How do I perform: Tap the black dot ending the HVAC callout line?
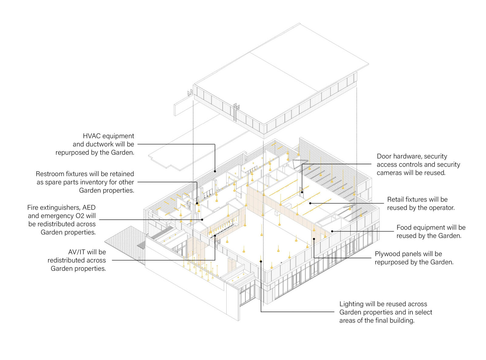tap(215, 171)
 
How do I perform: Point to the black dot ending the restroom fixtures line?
tap(197, 203)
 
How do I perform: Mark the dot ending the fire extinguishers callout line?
tap(202, 219)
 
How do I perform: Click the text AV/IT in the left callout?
tap(77, 252)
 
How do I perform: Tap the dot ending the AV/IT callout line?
tap(215, 236)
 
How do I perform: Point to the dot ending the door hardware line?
tap(302, 192)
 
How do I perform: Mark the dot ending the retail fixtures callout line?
tap(310, 203)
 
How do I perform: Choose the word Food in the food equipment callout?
tap(404, 227)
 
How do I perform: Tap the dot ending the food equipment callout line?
tap(332, 231)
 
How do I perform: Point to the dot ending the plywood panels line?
tap(314, 239)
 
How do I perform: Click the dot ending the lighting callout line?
tap(261, 261)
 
